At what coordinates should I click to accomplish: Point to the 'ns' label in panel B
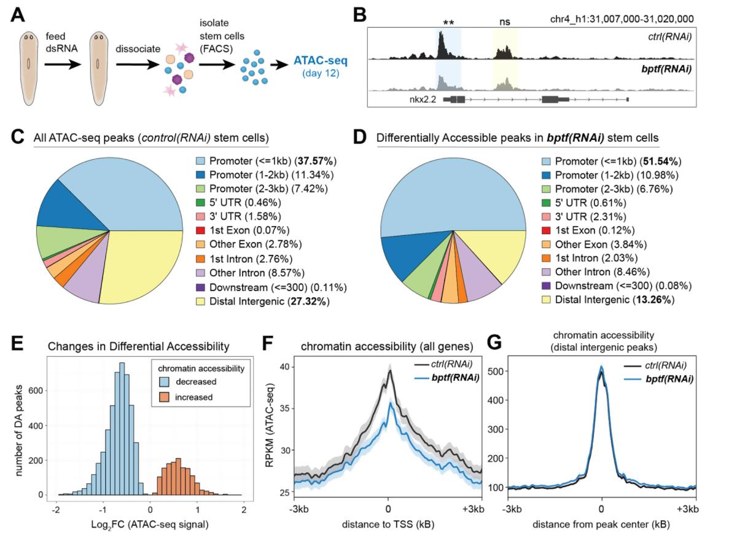coord(504,21)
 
